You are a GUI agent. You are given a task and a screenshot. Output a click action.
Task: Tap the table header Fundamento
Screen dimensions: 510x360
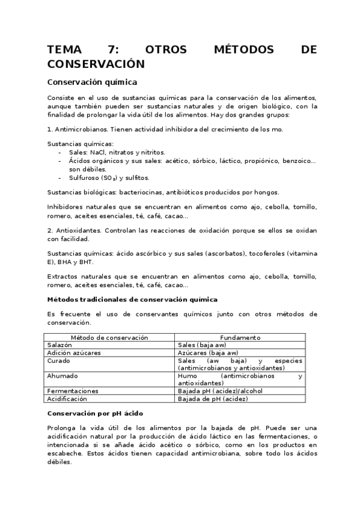(x=240, y=338)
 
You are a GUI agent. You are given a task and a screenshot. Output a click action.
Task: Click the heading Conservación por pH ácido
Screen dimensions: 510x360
(x=95, y=414)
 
